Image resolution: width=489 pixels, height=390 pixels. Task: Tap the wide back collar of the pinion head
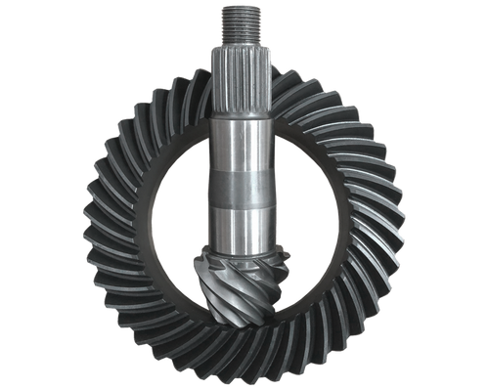244,250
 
